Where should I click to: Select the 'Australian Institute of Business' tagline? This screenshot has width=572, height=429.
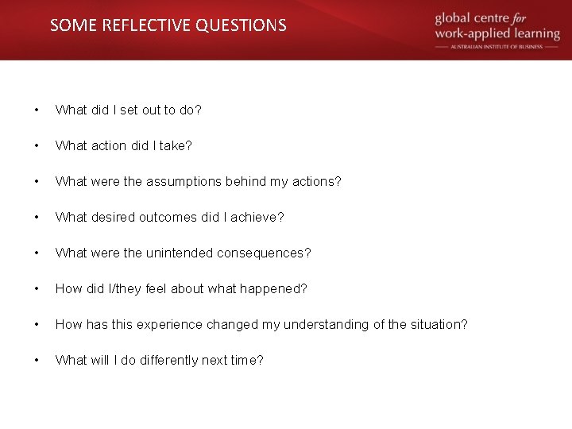pyautogui.click(x=497, y=47)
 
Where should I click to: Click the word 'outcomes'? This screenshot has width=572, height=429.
pyautogui.click(x=168, y=217)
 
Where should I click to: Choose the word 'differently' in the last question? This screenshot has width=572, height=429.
pyautogui.click(x=168, y=360)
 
